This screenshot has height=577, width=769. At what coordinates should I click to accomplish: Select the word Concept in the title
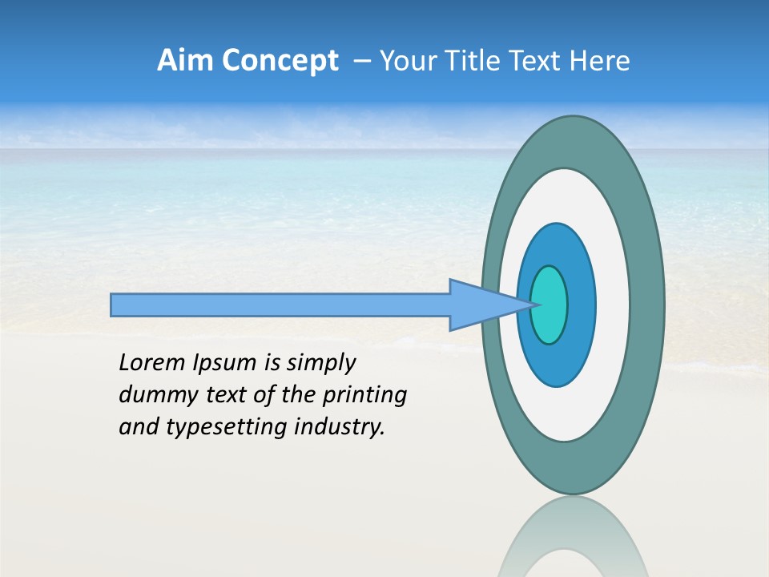click(279, 61)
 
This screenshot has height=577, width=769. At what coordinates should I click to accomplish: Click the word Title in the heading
click(477, 61)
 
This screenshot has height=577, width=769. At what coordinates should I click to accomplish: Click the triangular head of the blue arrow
click(481, 305)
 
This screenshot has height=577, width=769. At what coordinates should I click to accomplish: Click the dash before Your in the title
click(362, 61)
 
